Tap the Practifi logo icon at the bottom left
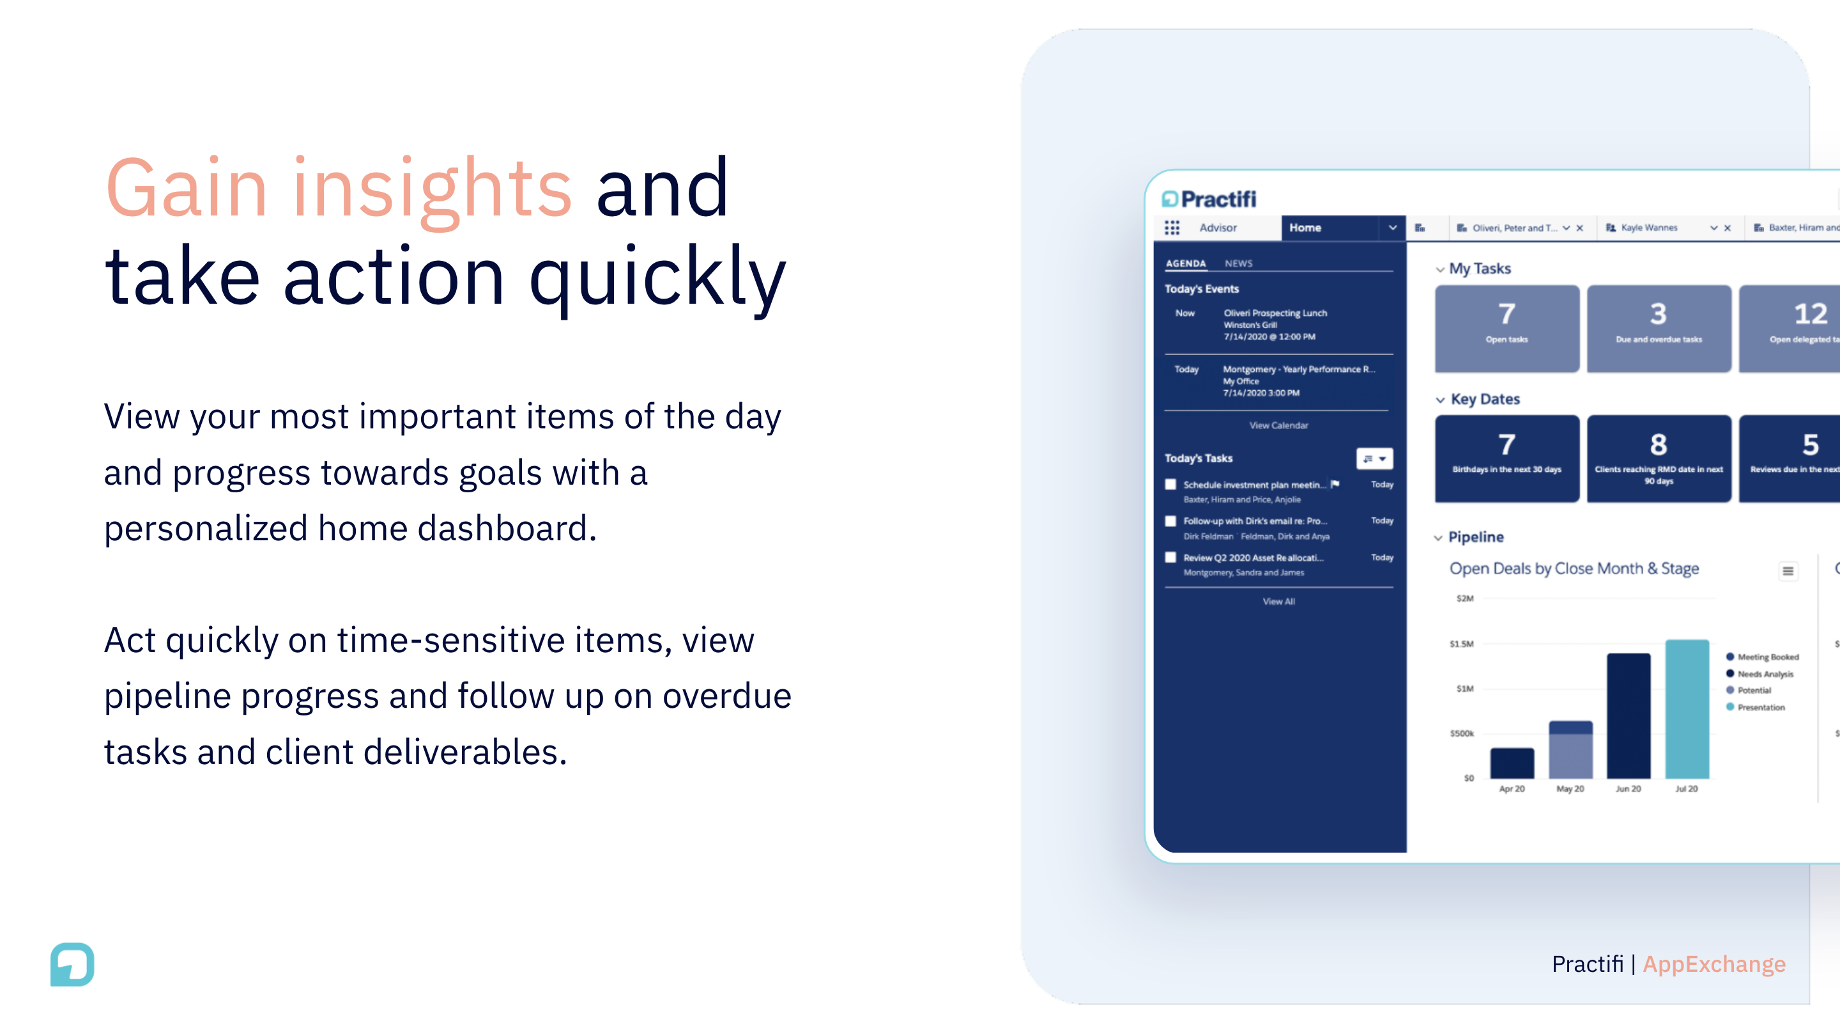click(x=72, y=964)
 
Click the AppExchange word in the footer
click(x=1713, y=964)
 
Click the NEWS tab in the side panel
click(x=1238, y=263)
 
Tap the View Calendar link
click(x=1278, y=426)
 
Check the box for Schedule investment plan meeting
click(x=1170, y=485)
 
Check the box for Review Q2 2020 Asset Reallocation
click(x=1170, y=558)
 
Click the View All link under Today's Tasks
click(x=1278, y=602)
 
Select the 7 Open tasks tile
click(x=1506, y=328)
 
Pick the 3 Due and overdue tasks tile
click(x=1659, y=328)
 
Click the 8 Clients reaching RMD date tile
click(x=1659, y=458)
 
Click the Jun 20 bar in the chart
click(x=1629, y=716)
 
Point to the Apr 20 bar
click(x=1512, y=763)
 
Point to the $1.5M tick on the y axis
click(x=1461, y=644)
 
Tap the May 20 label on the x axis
click(x=1570, y=789)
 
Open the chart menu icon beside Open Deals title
click(x=1787, y=571)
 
